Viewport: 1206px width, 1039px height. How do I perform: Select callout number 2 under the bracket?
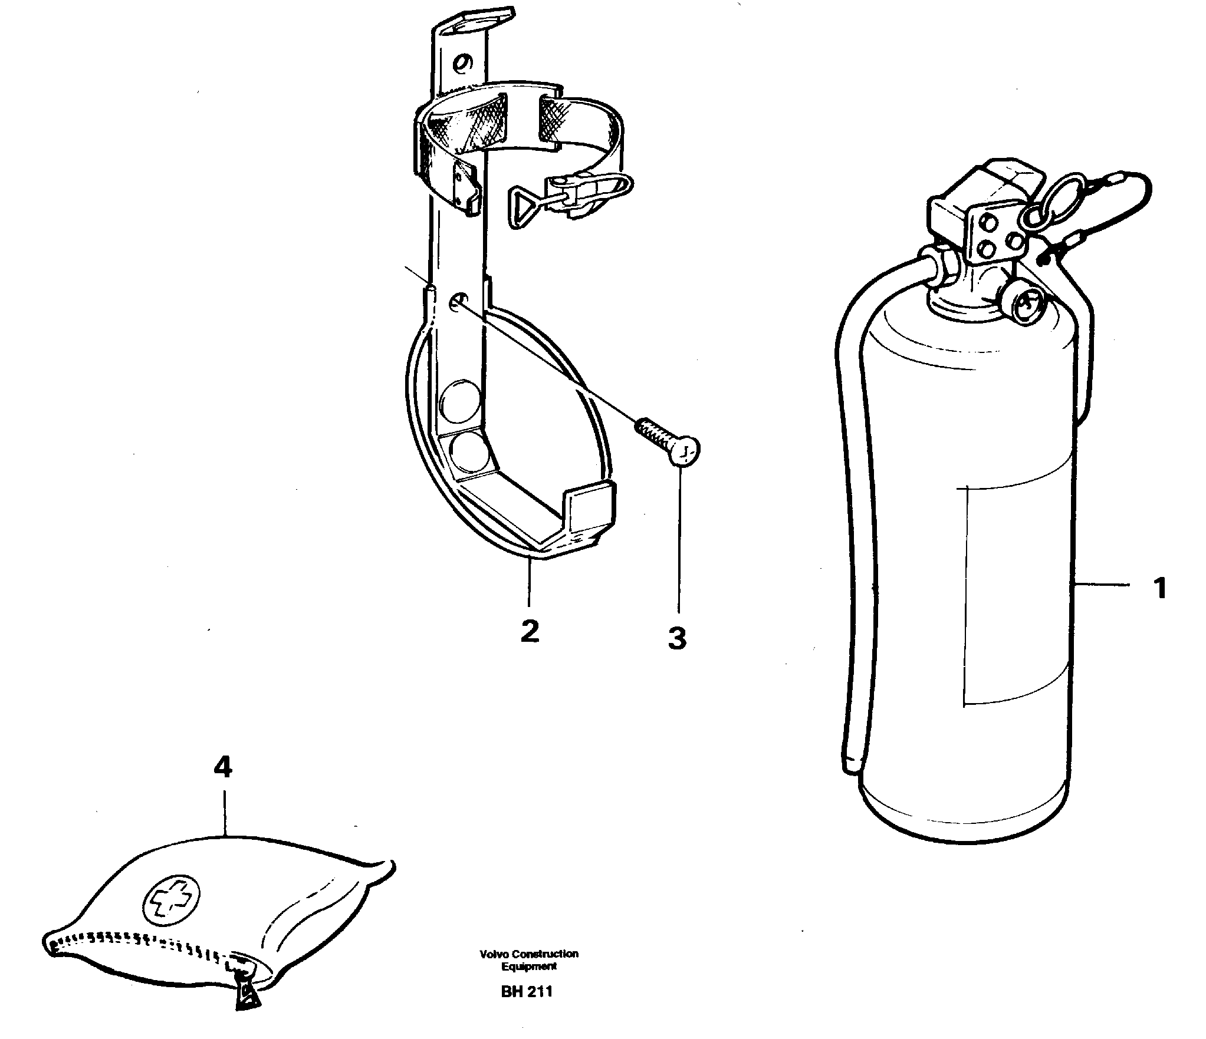point(529,631)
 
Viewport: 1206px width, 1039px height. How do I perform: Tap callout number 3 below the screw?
point(677,638)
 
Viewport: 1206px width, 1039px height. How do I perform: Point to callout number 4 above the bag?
point(223,767)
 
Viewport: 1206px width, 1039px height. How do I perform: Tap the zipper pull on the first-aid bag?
point(246,1012)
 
